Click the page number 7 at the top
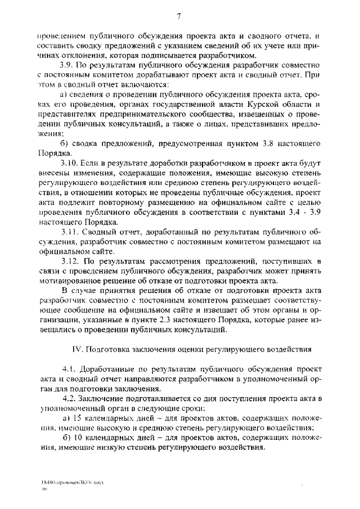click(178, 15)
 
